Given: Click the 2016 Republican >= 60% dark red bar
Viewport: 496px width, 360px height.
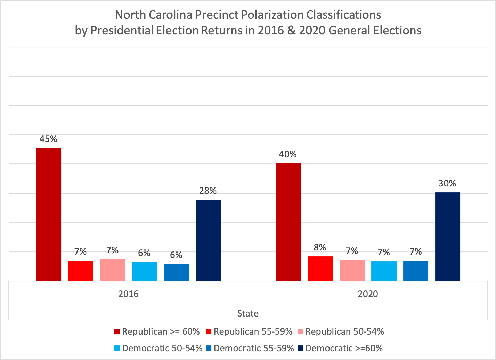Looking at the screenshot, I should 49,214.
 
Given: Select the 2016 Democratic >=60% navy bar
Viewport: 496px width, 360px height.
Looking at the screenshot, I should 208,240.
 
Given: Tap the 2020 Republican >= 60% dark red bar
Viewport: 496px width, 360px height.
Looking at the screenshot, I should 288,222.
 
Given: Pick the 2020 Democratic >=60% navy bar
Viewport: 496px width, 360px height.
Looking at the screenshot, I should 447,237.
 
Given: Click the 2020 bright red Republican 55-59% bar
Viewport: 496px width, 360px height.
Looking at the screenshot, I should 320,269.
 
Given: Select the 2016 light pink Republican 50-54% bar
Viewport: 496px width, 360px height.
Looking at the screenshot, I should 112,270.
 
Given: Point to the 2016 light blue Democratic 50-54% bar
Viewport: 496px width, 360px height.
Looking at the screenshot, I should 144,271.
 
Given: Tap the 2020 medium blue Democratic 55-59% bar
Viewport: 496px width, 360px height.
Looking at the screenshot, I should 415,271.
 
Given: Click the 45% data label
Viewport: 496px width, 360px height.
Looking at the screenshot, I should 48,139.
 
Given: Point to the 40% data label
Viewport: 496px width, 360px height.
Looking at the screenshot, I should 288,154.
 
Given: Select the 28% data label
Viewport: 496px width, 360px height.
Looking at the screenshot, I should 208,191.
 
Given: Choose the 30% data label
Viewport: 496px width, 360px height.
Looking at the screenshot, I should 447,183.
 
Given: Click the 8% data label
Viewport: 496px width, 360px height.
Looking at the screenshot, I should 320,247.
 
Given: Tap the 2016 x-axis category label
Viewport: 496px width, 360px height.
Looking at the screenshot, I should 128,294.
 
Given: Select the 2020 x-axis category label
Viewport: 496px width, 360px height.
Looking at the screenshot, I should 368,294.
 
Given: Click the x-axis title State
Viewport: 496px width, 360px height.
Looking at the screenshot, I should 248,313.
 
